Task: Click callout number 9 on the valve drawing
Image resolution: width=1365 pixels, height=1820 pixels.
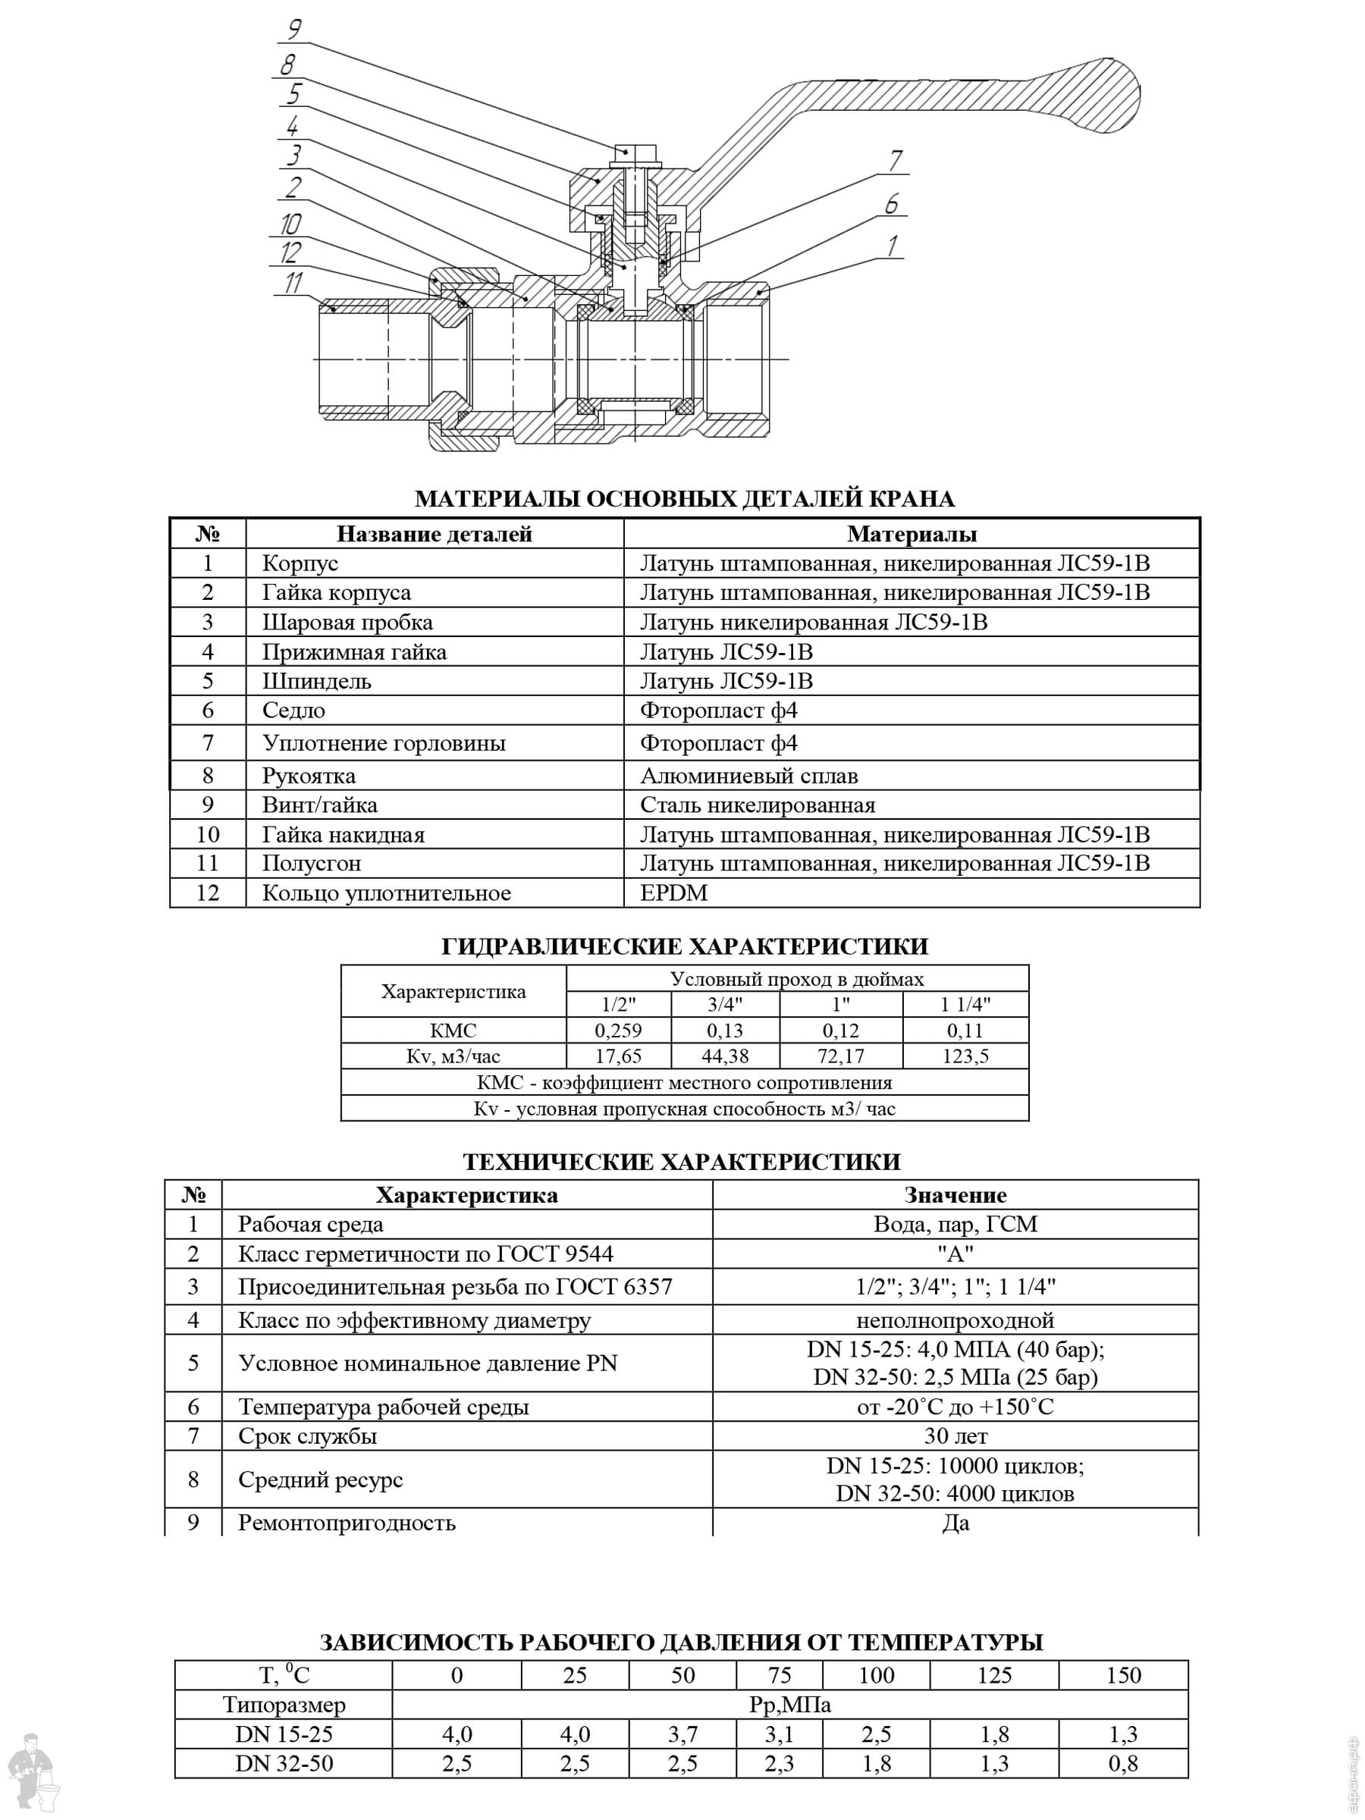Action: (x=293, y=30)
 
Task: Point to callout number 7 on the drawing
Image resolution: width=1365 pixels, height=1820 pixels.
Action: (x=895, y=161)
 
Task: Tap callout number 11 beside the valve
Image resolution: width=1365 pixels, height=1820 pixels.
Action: (x=293, y=283)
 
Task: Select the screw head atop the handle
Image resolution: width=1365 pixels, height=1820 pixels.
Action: (x=633, y=153)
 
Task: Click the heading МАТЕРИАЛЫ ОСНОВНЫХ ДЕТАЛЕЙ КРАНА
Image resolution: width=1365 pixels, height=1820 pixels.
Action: (x=684, y=499)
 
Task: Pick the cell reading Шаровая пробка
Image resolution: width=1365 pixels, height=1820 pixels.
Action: (x=347, y=622)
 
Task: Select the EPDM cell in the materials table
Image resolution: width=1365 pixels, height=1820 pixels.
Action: (x=674, y=893)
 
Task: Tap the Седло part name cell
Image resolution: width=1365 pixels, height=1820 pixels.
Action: (x=293, y=710)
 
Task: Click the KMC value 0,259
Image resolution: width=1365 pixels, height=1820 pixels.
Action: (x=618, y=1030)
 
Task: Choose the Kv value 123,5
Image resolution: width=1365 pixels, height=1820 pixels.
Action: (x=965, y=1056)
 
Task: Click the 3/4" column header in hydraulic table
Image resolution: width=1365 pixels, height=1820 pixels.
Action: (x=725, y=1005)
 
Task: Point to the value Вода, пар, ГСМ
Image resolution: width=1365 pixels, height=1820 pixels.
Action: (x=955, y=1224)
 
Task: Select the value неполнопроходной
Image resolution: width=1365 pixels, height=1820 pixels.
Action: (x=955, y=1320)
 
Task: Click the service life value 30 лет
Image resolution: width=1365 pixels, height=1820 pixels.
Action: (x=955, y=1436)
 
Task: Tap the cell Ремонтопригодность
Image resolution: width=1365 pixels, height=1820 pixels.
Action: (x=347, y=1522)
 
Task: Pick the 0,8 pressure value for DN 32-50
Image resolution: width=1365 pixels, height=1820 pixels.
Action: (x=1122, y=1763)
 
